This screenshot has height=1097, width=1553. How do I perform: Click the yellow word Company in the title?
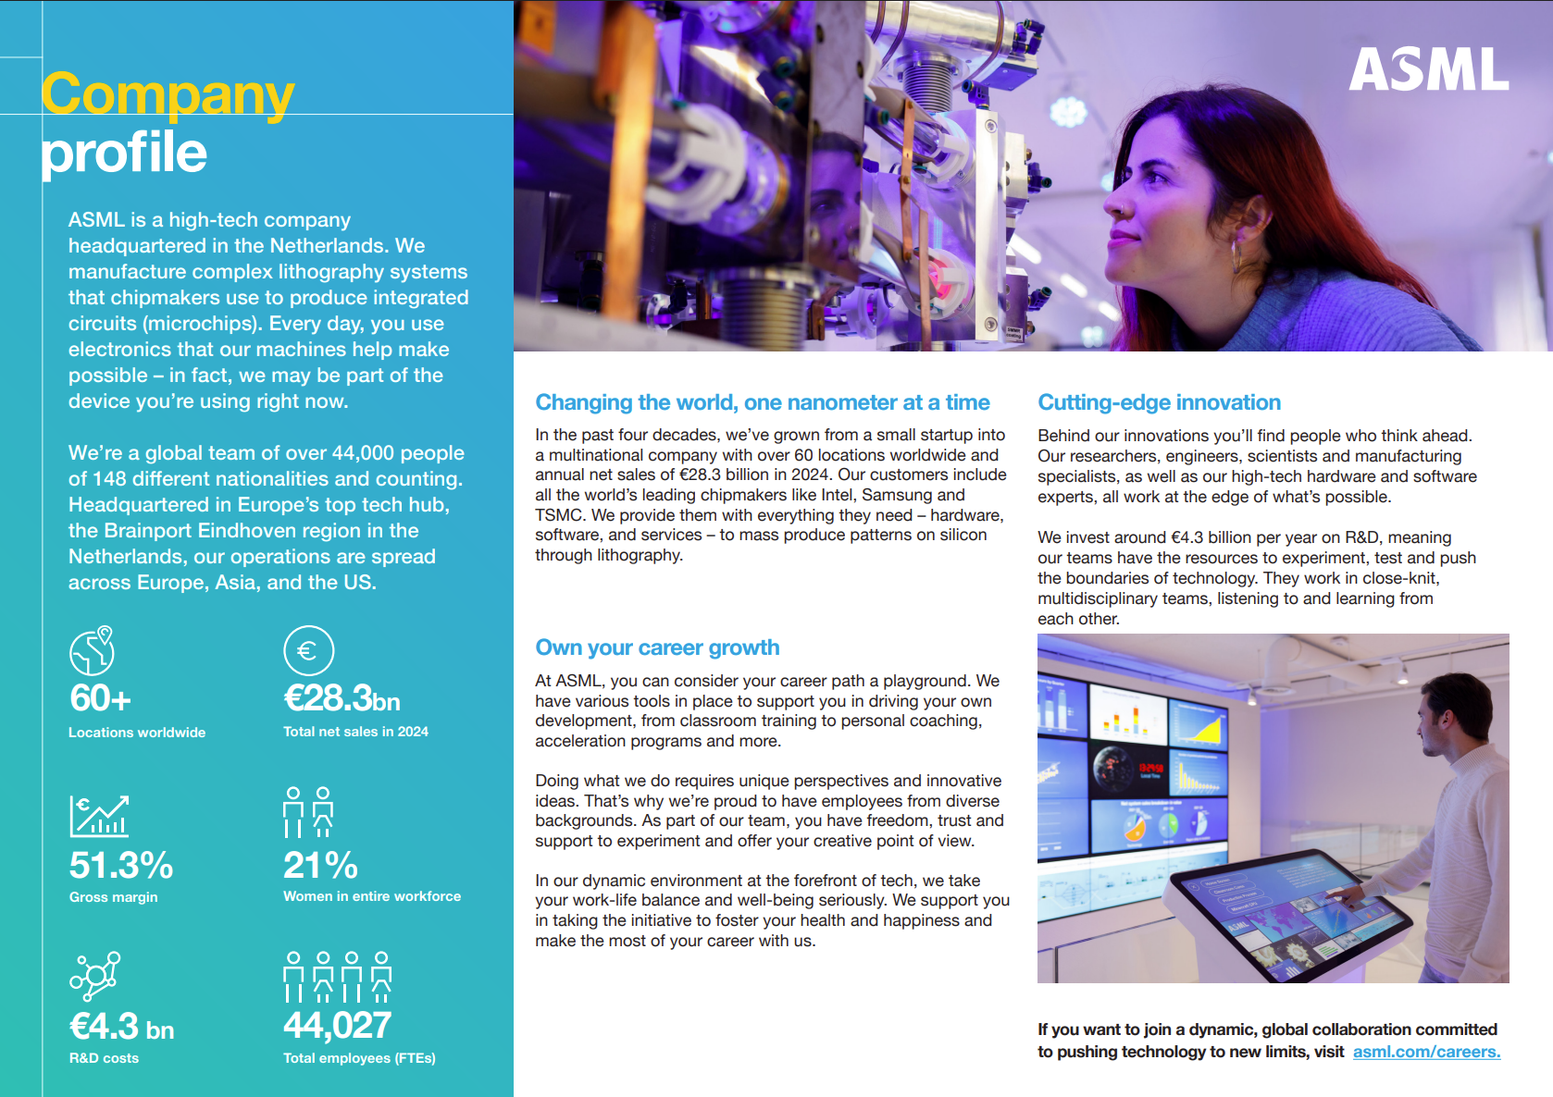pos(168,95)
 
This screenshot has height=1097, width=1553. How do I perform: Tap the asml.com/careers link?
pos(1426,1052)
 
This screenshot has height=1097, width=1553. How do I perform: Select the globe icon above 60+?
pos(93,650)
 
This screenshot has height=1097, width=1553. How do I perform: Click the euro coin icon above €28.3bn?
pos(308,651)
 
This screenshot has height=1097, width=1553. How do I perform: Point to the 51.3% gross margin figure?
pos(121,866)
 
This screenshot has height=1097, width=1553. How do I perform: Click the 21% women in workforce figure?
pos(320,866)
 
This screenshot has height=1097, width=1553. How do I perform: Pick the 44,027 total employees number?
pos(337,1025)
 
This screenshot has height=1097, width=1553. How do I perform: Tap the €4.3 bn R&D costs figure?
pos(121,1027)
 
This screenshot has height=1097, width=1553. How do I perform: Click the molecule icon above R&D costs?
pos(94,976)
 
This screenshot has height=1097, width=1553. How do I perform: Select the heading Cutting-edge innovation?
pos(1159,402)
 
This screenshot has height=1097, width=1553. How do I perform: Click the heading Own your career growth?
pos(657,647)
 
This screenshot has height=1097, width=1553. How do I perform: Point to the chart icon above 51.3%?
pos(99,816)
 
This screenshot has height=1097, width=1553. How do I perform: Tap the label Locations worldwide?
pos(137,732)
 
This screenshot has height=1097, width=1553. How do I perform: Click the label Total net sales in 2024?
pos(355,731)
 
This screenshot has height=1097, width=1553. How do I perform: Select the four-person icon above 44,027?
pos(337,977)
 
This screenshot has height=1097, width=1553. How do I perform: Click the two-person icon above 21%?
pos(308,812)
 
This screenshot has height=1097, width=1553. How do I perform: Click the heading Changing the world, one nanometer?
pos(762,402)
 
